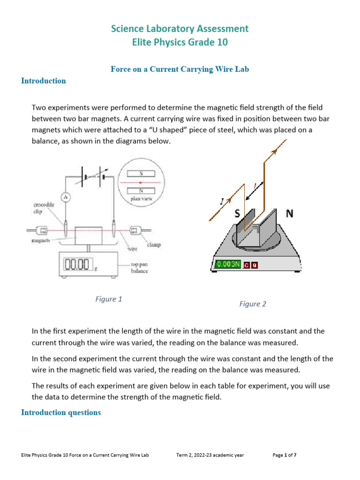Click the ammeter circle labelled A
coord(66,197)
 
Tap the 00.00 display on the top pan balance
coord(76,265)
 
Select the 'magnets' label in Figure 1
coord(41,241)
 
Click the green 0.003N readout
coord(228,264)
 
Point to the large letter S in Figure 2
coord(238,214)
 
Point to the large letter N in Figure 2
coord(289,214)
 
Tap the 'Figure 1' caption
coord(109,299)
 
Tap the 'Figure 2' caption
coord(253,304)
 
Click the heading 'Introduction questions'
coord(61,412)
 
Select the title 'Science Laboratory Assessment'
coord(180,29)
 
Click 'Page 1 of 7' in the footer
coord(285,455)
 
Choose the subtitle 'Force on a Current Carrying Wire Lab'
coord(180,69)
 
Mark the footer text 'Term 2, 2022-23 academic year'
coord(210,455)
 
